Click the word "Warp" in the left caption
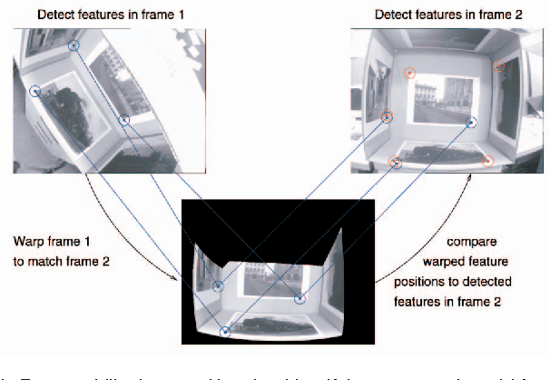click(x=29, y=243)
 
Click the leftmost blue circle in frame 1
click(x=35, y=90)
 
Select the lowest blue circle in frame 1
click(x=124, y=121)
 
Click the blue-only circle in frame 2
click(x=471, y=122)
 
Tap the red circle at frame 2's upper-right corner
click(x=498, y=65)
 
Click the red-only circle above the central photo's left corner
click(x=409, y=73)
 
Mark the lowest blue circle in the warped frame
click(x=224, y=333)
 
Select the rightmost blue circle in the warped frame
click(x=300, y=298)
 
